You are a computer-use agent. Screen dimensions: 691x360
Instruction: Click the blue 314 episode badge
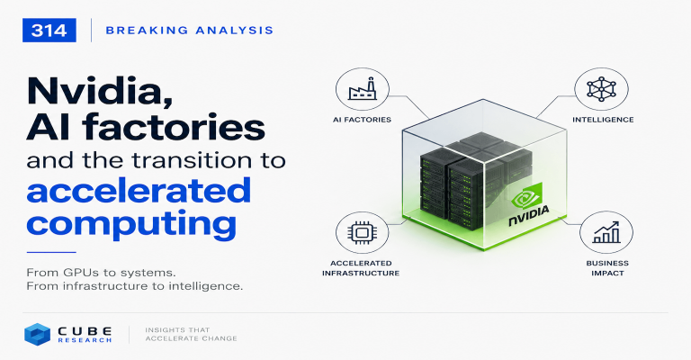[49, 31]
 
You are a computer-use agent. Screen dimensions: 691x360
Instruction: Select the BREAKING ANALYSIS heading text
[190, 31]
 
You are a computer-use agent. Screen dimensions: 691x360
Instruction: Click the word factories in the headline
[174, 127]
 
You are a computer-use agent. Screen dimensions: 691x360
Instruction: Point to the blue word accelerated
[139, 190]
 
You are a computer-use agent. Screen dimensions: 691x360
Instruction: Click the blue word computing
[131, 224]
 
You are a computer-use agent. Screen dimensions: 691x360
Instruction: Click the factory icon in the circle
[363, 89]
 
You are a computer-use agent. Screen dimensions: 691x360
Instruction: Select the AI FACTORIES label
[362, 120]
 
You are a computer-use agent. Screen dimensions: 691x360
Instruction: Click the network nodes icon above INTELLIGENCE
[601, 89]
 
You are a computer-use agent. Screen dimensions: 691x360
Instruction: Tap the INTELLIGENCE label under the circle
[603, 120]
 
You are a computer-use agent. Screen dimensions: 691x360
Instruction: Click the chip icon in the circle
[362, 232]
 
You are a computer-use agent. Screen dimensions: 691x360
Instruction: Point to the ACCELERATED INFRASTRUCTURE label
[361, 268]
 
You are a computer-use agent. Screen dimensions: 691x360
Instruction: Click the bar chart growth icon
[606, 232]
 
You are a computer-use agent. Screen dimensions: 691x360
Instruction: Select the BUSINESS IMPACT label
[607, 268]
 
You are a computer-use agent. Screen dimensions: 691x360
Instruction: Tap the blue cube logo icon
[37, 334]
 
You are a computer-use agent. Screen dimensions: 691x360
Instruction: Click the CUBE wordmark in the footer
[85, 331]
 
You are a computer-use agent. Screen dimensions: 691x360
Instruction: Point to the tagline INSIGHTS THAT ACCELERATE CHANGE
[191, 334]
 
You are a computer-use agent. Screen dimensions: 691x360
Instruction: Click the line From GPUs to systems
[102, 273]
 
